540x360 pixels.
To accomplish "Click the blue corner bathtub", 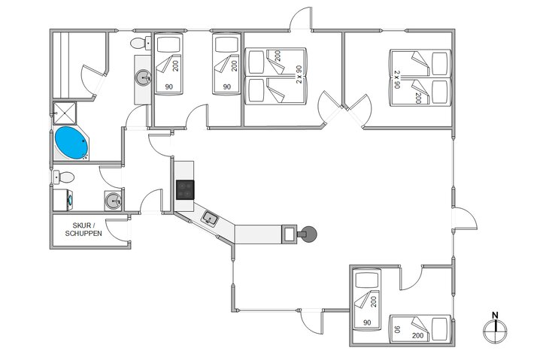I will click(x=71, y=143).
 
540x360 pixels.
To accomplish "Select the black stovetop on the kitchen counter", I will click(x=185, y=189).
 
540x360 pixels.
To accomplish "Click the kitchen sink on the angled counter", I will click(x=210, y=219).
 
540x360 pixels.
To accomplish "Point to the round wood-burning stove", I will click(x=308, y=234).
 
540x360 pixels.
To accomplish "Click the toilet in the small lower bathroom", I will click(x=65, y=178).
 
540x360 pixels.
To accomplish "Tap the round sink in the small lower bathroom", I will click(x=113, y=201).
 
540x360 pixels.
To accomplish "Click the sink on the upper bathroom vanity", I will click(x=143, y=77).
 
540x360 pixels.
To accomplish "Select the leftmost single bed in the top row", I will click(x=168, y=63).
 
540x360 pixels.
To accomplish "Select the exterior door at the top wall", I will click(x=301, y=20).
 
